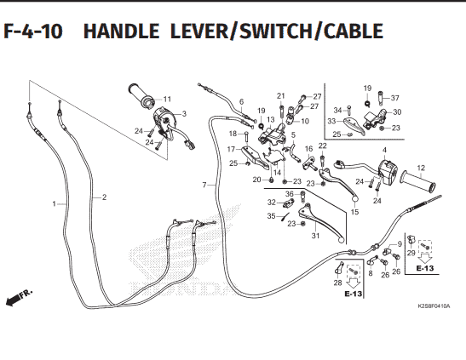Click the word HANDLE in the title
[121, 31]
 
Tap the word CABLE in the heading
[354, 31]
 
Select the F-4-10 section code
[33, 31]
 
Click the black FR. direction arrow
[13, 300]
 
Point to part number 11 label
[167, 99]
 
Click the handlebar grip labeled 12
[418, 181]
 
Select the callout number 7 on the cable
[204, 186]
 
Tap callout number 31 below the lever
[315, 236]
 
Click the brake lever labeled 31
[322, 222]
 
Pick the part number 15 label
[355, 212]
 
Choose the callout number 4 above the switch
[384, 150]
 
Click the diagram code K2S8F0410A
[434, 306]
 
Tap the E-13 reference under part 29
[425, 268]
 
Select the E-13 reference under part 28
[354, 294]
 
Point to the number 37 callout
[395, 98]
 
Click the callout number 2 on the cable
[104, 197]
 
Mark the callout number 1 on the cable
[54, 204]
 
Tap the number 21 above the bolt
[281, 96]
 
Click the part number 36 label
[290, 194]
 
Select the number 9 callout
[400, 244]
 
